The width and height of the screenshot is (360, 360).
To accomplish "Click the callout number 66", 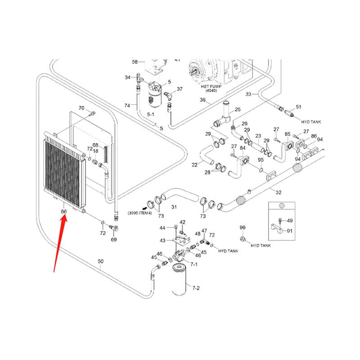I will click(x=64, y=211).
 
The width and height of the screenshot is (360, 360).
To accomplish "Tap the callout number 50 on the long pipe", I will click(x=100, y=261).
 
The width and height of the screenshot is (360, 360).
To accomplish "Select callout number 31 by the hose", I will click(x=174, y=207).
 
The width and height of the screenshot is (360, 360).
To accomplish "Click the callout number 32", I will click(x=279, y=192).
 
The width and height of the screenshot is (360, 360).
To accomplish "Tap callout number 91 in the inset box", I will click(x=289, y=231).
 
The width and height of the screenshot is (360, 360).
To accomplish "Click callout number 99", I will click(x=242, y=228).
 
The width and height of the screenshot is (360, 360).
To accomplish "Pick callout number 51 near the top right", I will click(x=298, y=107).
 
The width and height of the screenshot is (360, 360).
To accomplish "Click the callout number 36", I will click(x=202, y=100).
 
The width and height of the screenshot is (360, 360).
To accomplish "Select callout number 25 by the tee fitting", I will click(x=238, y=110).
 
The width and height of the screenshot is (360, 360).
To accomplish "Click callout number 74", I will click(x=128, y=105).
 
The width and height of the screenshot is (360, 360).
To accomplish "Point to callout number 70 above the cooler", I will click(x=81, y=108).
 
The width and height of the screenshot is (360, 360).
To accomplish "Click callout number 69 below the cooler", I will click(x=114, y=240).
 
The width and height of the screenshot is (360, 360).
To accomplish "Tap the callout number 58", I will click(x=135, y=62).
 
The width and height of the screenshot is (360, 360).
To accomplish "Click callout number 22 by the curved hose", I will click(x=194, y=165).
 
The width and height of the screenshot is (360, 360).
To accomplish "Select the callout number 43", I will click(x=162, y=241).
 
